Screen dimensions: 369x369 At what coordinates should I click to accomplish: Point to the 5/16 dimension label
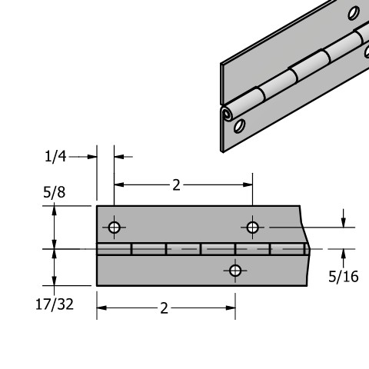click(x=343, y=277)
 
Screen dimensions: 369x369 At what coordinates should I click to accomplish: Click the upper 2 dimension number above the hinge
click(x=176, y=184)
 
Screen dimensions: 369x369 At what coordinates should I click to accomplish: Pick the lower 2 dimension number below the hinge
click(x=164, y=308)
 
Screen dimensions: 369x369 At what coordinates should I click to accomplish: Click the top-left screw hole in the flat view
click(x=115, y=227)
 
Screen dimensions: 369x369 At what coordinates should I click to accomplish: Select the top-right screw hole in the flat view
click(x=252, y=227)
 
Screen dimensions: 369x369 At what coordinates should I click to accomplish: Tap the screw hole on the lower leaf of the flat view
click(x=235, y=270)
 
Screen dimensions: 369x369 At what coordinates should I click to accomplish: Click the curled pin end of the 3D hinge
click(x=226, y=115)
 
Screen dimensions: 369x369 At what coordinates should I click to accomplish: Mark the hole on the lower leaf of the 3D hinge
click(x=240, y=125)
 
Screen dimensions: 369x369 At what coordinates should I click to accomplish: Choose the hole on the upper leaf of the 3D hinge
click(x=353, y=13)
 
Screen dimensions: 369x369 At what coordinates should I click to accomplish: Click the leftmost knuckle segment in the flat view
click(x=114, y=249)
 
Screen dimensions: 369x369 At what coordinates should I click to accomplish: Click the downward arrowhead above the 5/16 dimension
click(x=343, y=222)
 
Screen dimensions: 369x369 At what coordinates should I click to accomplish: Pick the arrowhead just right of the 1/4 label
click(x=92, y=156)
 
